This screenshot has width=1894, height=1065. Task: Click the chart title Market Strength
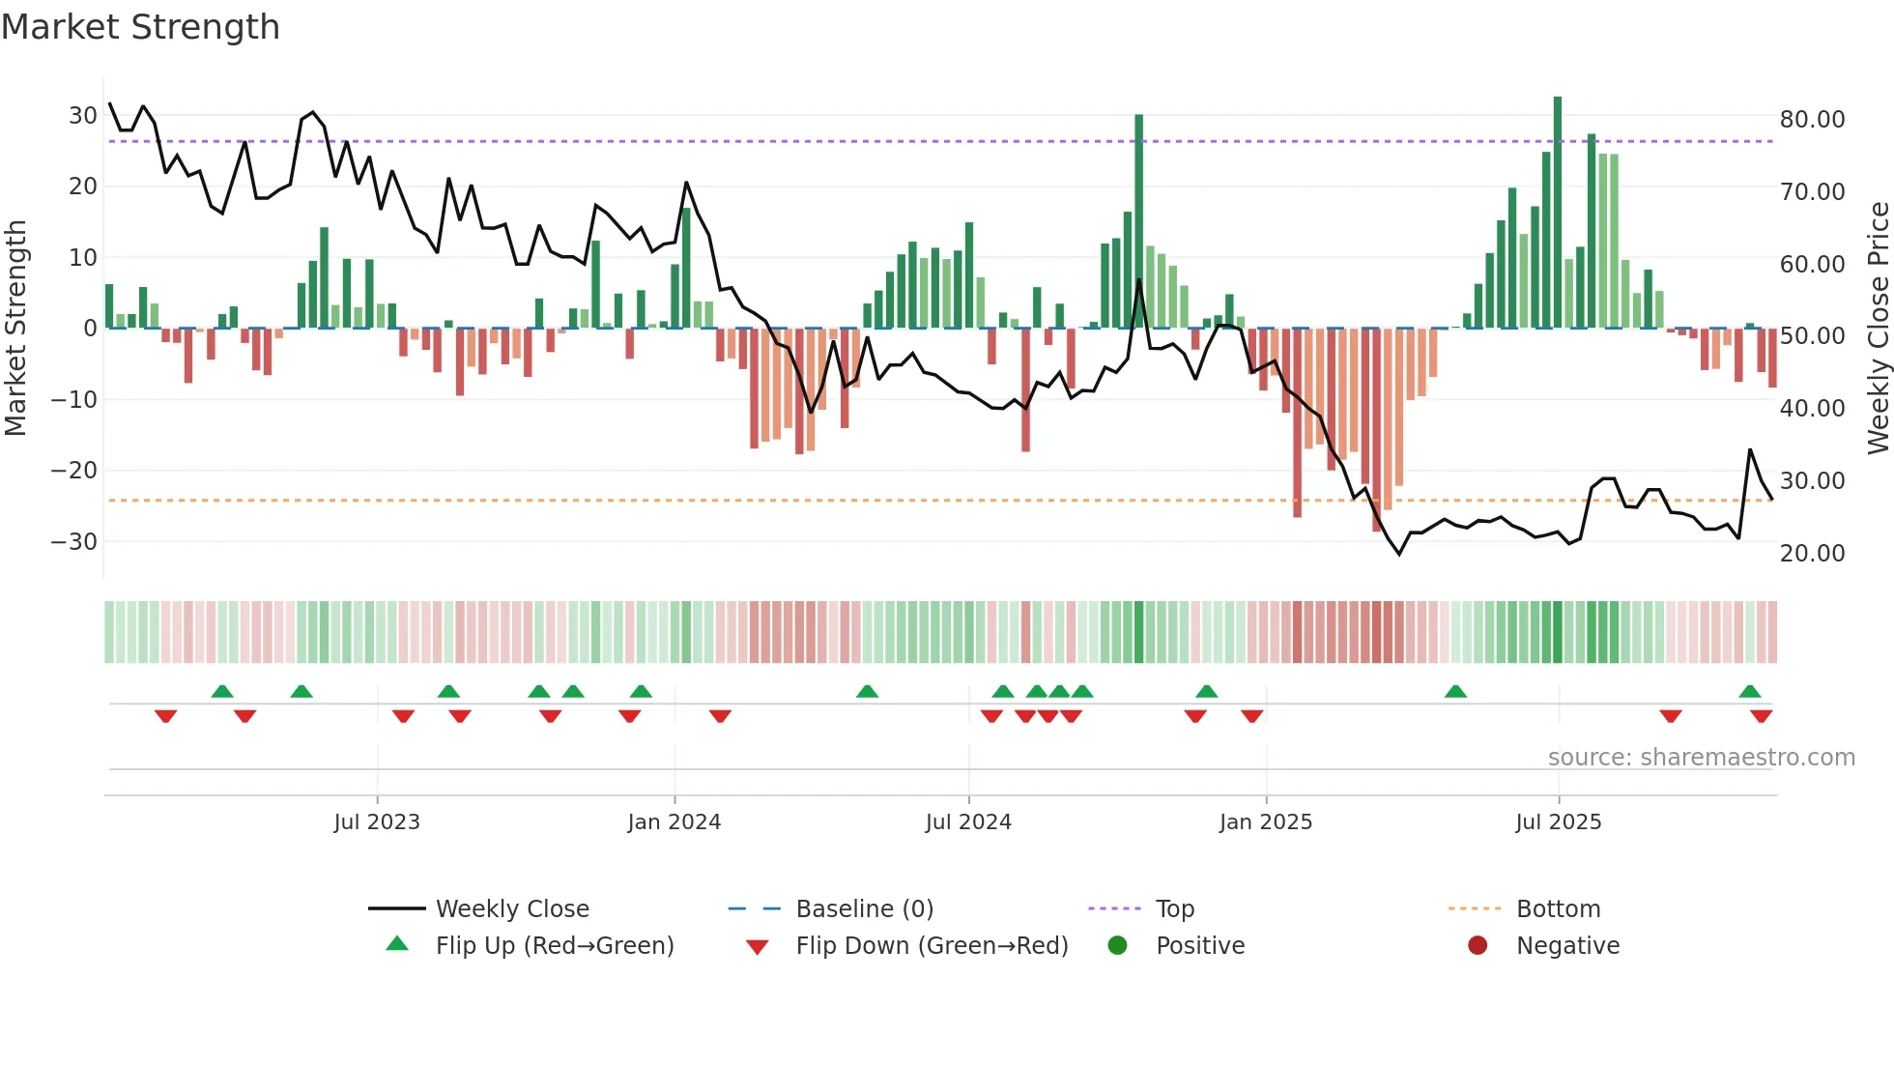pyautogui.click(x=140, y=27)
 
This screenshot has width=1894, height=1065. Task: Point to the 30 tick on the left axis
pyautogui.click(x=82, y=116)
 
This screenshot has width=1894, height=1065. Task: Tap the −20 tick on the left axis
pyautogui.click(x=74, y=471)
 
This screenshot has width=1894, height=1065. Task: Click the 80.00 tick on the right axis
pyautogui.click(x=1812, y=120)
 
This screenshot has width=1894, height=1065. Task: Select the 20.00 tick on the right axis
pyautogui.click(x=1812, y=554)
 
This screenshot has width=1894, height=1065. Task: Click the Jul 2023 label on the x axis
pyautogui.click(x=377, y=822)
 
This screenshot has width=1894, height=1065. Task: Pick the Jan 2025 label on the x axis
pyautogui.click(x=1266, y=822)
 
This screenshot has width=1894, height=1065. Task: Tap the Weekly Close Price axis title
pyautogui.click(x=1878, y=329)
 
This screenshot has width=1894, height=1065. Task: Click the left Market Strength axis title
pyautogui.click(x=15, y=329)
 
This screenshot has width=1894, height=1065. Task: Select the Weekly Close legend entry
pyautogui.click(x=511, y=909)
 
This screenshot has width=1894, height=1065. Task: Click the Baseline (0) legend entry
pyautogui.click(x=864, y=909)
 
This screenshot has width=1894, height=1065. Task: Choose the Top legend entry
pyautogui.click(x=1174, y=909)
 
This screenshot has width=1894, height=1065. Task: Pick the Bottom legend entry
pyautogui.click(x=1558, y=909)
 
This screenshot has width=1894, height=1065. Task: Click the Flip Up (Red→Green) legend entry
pyautogui.click(x=554, y=946)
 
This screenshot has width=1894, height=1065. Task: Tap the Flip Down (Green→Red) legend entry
pyautogui.click(x=932, y=946)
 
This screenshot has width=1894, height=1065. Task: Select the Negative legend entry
pyautogui.click(x=1567, y=946)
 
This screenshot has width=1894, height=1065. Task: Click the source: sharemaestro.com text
pyautogui.click(x=1701, y=758)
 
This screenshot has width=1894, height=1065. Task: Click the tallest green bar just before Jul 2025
pyautogui.click(x=1558, y=213)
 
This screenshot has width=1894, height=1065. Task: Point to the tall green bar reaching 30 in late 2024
pyautogui.click(x=1139, y=222)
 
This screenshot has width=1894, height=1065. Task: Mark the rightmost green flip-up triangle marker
pyautogui.click(x=1750, y=692)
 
